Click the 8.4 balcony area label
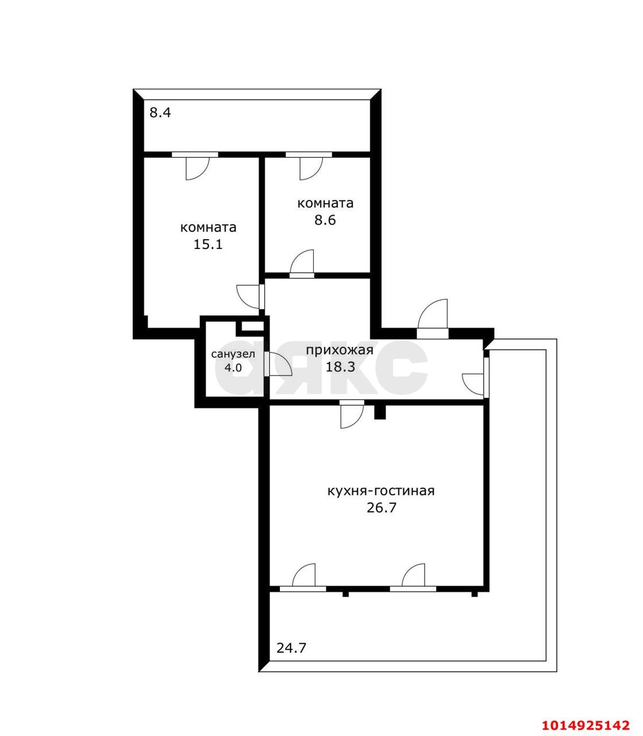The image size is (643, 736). pyautogui.click(x=160, y=113)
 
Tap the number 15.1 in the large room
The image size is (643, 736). pyautogui.click(x=208, y=244)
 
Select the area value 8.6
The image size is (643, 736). pyautogui.click(x=325, y=220)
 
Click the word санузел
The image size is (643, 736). pyautogui.click(x=233, y=355)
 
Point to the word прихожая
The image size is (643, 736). pyautogui.click(x=340, y=350)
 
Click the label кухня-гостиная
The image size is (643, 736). pyautogui.click(x=380, y=491)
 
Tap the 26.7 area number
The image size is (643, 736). pyautogui.click(x=382, y=508)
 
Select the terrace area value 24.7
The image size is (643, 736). pyautogui.click(x=291, y=648)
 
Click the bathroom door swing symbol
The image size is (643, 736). pyautogui.click(x=278, y=365)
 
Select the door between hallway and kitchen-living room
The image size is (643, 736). pyautogui.click(x=351, y=413)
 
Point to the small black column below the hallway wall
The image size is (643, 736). pyautogui.click(x=379, y=412)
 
